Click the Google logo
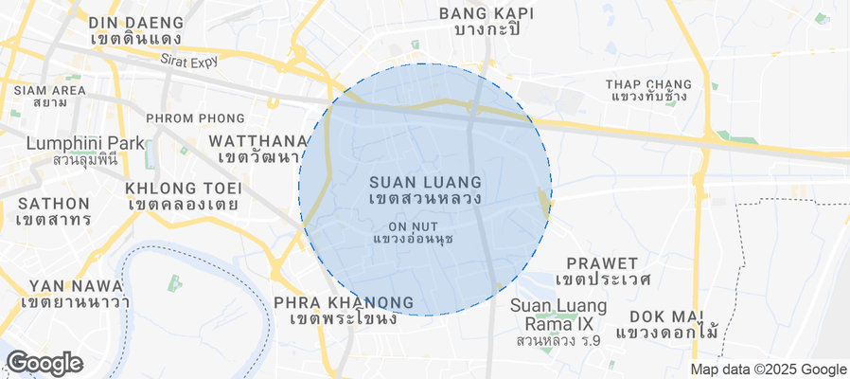(44, 363)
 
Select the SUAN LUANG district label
(425, 181)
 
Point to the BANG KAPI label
(487, 13)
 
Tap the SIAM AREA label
(49, 91)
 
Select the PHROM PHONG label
(195, 118)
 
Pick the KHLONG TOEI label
(181, 188)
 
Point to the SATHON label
(53, 203)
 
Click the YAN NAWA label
(76, 285)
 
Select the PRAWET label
(602, 262)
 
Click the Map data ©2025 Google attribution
(768, 370)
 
